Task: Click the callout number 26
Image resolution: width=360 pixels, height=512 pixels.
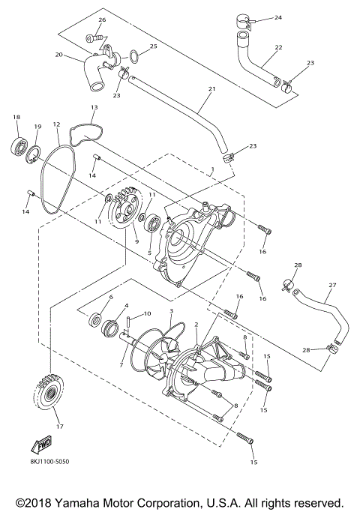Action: pos(103,19)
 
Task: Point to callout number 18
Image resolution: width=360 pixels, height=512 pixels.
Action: pos(16,118)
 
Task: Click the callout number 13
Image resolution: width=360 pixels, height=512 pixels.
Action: pos(94,108)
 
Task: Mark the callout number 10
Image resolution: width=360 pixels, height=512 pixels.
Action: pos(148,313)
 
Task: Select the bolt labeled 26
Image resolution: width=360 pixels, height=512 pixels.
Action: pos(93,36)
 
